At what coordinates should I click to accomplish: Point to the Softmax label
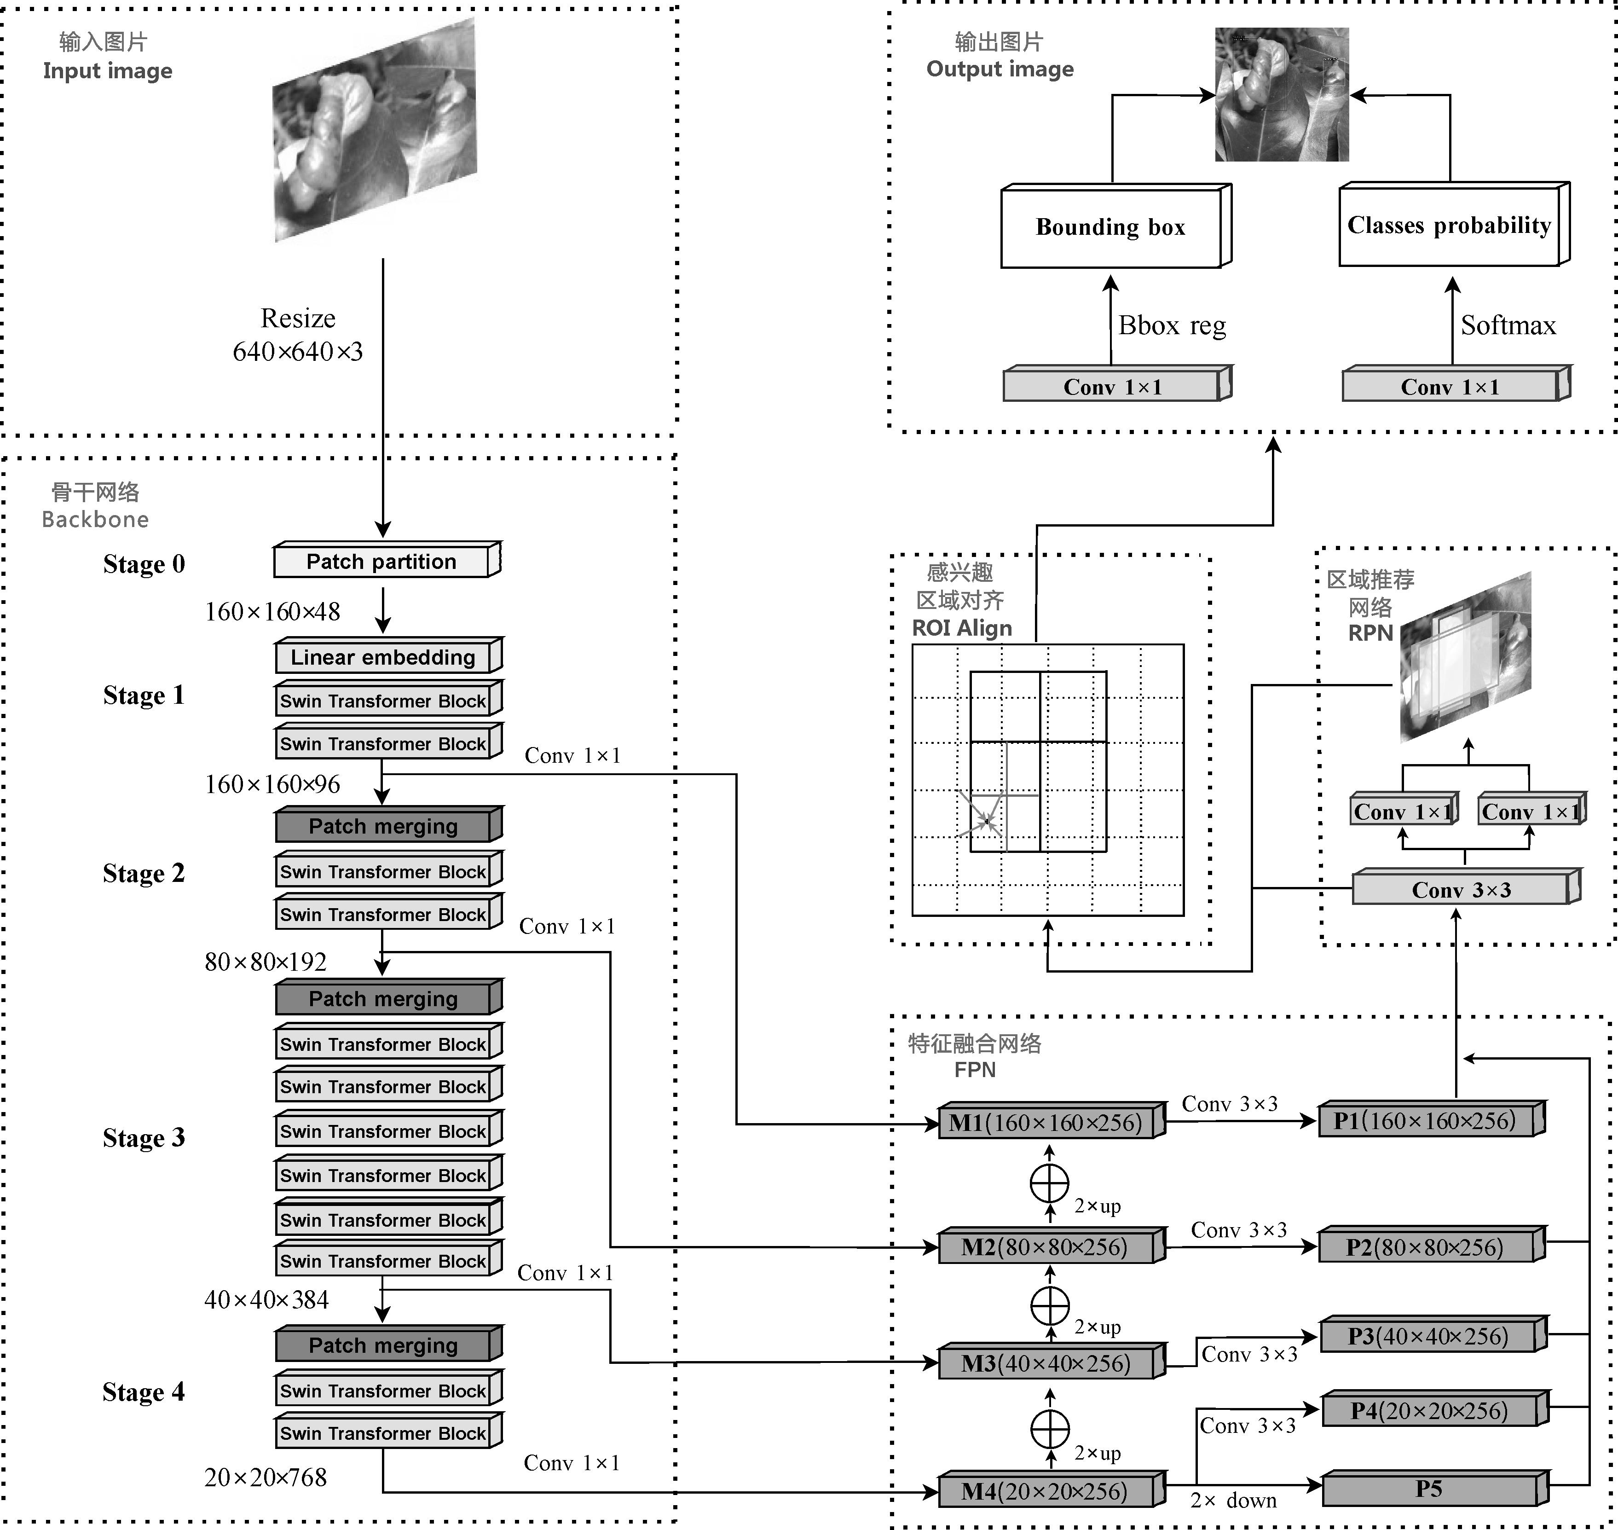coord(1508,325)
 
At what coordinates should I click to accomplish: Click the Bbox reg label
coord(1172,325)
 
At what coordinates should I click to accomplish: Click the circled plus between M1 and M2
coord(1050,1183)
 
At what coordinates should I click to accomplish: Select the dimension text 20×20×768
coord(265,1477)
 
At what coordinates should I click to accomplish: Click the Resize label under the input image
coord(298,318)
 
